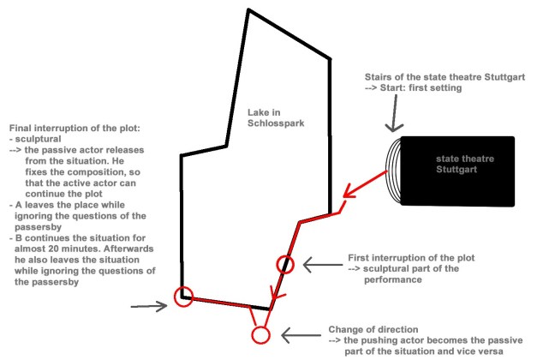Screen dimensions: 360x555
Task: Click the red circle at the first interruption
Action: pos(286,265)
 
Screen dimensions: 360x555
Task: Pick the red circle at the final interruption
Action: pos(182,297)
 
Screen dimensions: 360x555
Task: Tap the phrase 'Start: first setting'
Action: pos(428,87)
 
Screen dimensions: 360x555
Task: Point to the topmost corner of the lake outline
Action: pos(248,10)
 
